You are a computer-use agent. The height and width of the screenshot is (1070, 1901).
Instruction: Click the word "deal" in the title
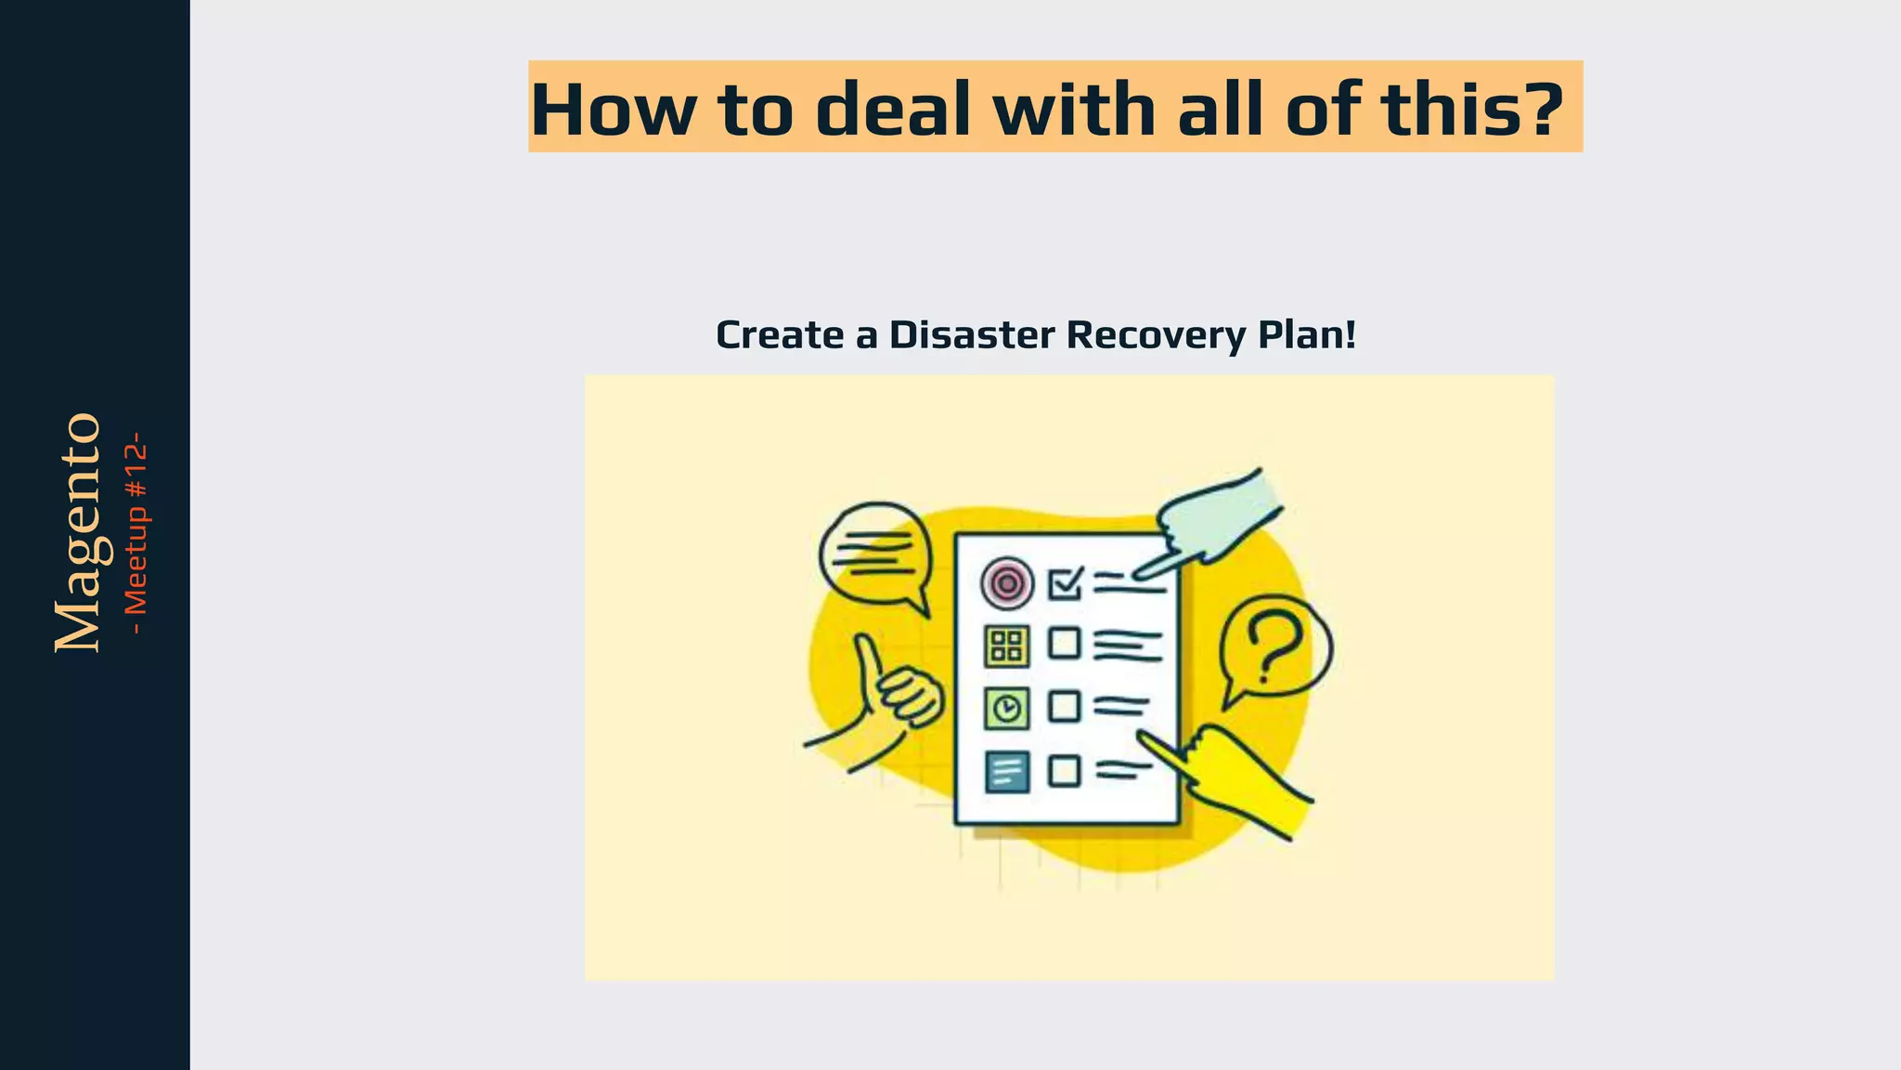(893, 110)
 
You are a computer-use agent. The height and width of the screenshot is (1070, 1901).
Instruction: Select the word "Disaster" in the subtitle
(972, 335)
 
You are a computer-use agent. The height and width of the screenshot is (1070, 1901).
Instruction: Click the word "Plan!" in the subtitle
(1307, 335)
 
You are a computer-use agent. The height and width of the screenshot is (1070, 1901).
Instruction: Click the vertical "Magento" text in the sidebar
(78, 532)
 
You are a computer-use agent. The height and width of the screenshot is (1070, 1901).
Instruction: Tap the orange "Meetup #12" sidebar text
(136, 532)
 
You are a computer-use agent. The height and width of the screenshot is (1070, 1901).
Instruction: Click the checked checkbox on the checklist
(1065, 583)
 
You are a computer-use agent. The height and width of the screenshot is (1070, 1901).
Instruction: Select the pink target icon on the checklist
(1006, 583)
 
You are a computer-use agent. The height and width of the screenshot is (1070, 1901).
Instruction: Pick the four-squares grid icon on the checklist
(1006, 646)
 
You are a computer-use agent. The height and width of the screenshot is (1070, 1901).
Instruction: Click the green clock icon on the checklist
(1006, 709)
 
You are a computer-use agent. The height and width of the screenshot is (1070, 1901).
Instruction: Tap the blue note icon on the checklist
(1006, 771)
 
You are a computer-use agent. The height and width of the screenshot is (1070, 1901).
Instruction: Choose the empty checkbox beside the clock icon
(1065, 707)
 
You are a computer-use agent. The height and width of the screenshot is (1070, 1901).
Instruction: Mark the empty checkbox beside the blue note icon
(1065, 771)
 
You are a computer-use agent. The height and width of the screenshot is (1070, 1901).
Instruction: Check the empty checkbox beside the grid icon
(1065, 643)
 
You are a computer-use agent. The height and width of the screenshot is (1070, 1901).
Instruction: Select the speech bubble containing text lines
(874, 555)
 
